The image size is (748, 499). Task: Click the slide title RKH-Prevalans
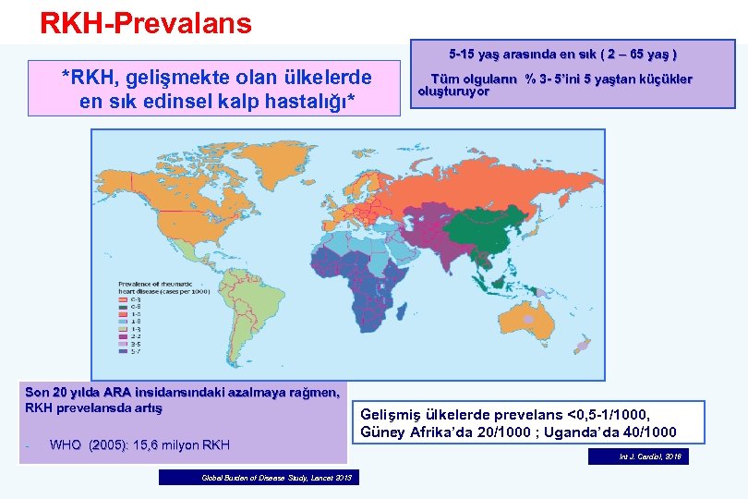point(145,23)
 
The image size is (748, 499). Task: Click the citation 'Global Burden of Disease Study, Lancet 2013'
point(259,478)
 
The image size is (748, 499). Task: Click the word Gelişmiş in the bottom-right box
point(392,415)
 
